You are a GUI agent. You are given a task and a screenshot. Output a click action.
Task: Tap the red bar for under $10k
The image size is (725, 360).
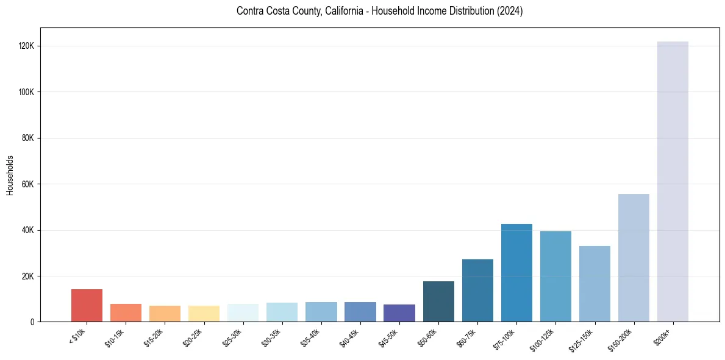[x=87, y=306]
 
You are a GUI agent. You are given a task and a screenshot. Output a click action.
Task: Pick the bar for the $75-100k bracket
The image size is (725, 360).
[x=516, y=273]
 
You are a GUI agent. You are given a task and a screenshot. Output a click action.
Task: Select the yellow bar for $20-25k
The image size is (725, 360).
[x=204, y=314]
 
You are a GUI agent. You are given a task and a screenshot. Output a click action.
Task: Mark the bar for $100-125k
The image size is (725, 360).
[x=555, y=276]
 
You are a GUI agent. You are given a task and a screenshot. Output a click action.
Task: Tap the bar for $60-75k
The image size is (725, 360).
[x=477, y=290]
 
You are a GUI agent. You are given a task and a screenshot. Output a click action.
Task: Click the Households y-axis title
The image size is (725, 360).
[x=10, y=175]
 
